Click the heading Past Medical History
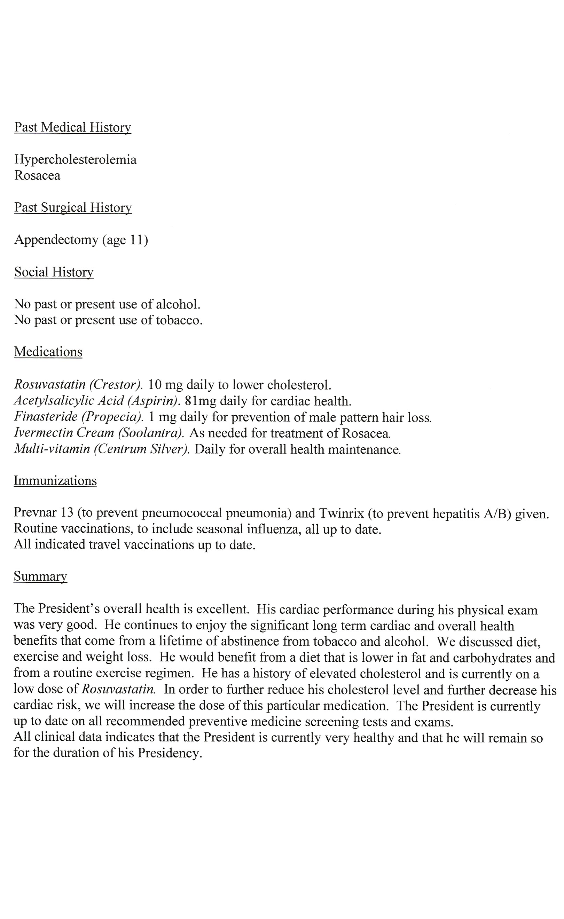(x=73, y=127)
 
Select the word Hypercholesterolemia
(x=75, y=160)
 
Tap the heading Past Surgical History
(x=73, y=207)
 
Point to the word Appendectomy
(x=56, y=240)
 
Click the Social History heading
(x=54, y=272)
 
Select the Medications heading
(x=48, y=352)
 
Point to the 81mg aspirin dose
(x=200, y=401)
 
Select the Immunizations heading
(x=55, y=481)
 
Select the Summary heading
(x=40, y=576)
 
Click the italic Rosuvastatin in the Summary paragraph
(x=118, y=689)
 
